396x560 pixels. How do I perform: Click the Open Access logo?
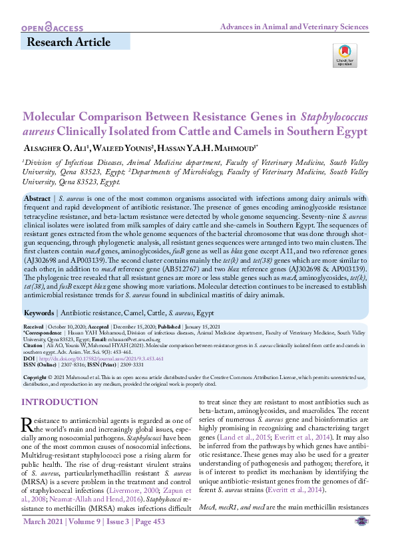pos(53,28)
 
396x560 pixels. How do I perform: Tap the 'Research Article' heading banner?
pos(68,43)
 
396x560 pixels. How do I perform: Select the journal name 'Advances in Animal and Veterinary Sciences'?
pos(294,27)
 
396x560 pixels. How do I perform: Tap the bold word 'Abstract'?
pos(36,199)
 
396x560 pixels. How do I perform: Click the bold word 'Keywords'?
pos(39,312)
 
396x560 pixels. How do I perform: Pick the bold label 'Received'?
pos(33,328)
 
